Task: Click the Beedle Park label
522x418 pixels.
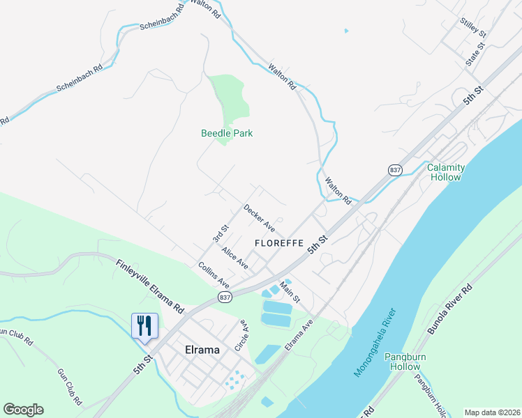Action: point(227,133)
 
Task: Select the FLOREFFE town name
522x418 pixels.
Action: point(278,243)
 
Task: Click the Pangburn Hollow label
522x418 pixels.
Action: point(405,362)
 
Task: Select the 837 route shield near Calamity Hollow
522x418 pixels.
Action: point(396,170)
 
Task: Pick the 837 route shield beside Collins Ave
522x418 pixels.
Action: point(224,297)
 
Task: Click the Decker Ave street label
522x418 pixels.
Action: point(258,217)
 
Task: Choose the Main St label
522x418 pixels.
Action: point(290,291)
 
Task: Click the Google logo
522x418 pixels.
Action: point(23,410)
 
